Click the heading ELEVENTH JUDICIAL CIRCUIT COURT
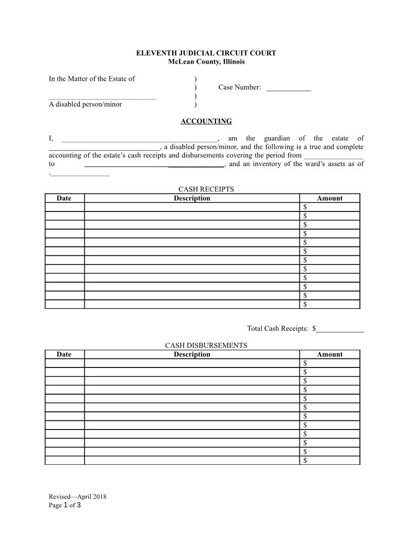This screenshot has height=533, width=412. (206, 53)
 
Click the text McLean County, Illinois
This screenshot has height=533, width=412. (206, 62)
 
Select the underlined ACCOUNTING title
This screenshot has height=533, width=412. (206, 121)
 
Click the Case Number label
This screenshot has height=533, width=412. (239, 88)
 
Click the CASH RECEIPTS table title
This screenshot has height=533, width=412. (206, 189)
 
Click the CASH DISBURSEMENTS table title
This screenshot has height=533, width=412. (206, 345)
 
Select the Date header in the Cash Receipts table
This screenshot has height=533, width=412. (64, 198)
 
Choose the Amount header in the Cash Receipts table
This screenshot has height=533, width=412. (330, 198)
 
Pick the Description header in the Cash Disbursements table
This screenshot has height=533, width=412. (192, 354)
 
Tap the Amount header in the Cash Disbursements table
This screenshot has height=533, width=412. (330, 354)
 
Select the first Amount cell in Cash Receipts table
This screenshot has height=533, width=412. (330, 207)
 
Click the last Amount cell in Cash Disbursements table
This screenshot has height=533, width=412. (330, 460)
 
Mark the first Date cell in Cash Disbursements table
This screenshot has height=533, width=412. (64, 363)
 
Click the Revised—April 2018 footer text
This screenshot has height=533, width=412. (77, 496)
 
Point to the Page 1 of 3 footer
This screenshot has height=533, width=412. (65, 505)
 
